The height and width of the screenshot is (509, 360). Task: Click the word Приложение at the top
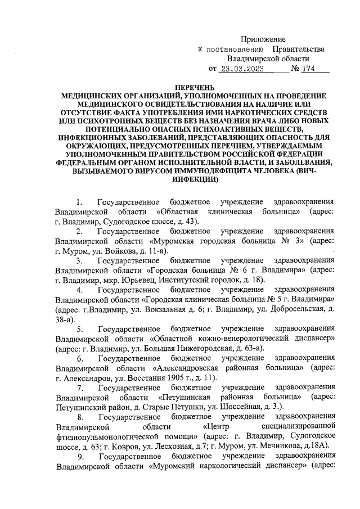[263, 39]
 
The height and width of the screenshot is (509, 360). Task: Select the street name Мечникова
[283, 447]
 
